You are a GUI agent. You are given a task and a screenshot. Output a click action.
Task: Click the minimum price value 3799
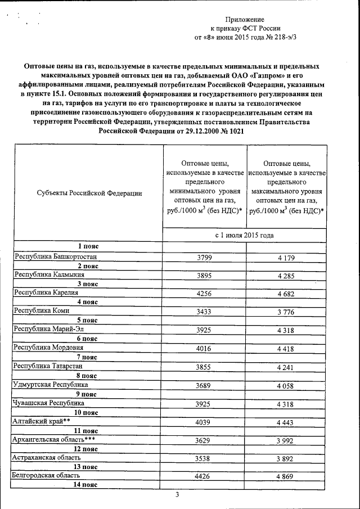pyautogui.click(x=204, y=258)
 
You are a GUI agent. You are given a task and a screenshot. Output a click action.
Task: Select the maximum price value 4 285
pyautogui.click(x=286, y=276)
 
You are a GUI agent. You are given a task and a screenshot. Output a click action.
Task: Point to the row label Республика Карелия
pyautogui.click(x=46, y=292)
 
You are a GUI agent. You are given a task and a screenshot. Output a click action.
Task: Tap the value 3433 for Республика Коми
pyautogui.click(x=204, y=312)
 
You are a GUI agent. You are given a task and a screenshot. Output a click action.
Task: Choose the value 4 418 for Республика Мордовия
pyautogui.click(x=286, y=349)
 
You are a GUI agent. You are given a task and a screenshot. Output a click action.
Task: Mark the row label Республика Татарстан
pyautogui.click(x=49, y=366)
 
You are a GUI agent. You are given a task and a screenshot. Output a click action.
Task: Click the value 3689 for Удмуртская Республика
pyautogui.click(x=204, y=385)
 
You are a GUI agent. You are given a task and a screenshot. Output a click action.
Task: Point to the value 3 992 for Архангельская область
pyautogui.click(x=286, y=440)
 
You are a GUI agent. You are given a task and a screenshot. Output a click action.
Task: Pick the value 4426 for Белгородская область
pyautogui.click(x=204, y=477)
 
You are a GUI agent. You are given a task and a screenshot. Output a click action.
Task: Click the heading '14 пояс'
pyautogui.click(x=87, y=485)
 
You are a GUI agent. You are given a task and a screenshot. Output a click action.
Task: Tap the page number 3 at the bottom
pyautogui.click(x=177, y=495)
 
